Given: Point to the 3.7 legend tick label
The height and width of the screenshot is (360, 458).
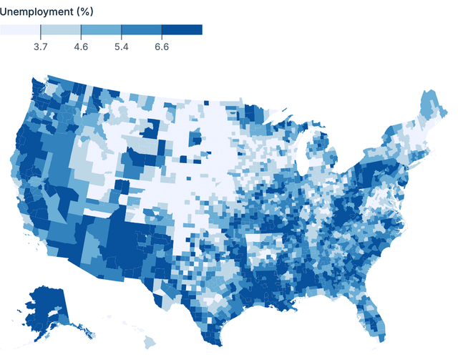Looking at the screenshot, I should [41, 47].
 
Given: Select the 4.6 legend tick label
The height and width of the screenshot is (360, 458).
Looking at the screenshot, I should [81, 47].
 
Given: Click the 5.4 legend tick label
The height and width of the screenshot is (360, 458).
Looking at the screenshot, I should [121, 47].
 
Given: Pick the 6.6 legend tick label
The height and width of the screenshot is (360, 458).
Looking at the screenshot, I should [162, 47].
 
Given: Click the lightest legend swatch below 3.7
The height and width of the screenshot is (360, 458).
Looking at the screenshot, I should [20, 29].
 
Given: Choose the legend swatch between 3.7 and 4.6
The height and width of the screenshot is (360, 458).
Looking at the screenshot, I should [61, 29].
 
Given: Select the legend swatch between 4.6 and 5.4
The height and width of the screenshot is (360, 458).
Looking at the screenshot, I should [101, 29].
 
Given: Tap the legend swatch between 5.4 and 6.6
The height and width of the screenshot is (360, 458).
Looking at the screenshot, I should [141, 29].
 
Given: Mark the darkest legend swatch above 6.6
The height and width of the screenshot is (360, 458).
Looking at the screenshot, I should [182, 29].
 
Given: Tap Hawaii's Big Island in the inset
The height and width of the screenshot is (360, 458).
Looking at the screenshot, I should [152, 342].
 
